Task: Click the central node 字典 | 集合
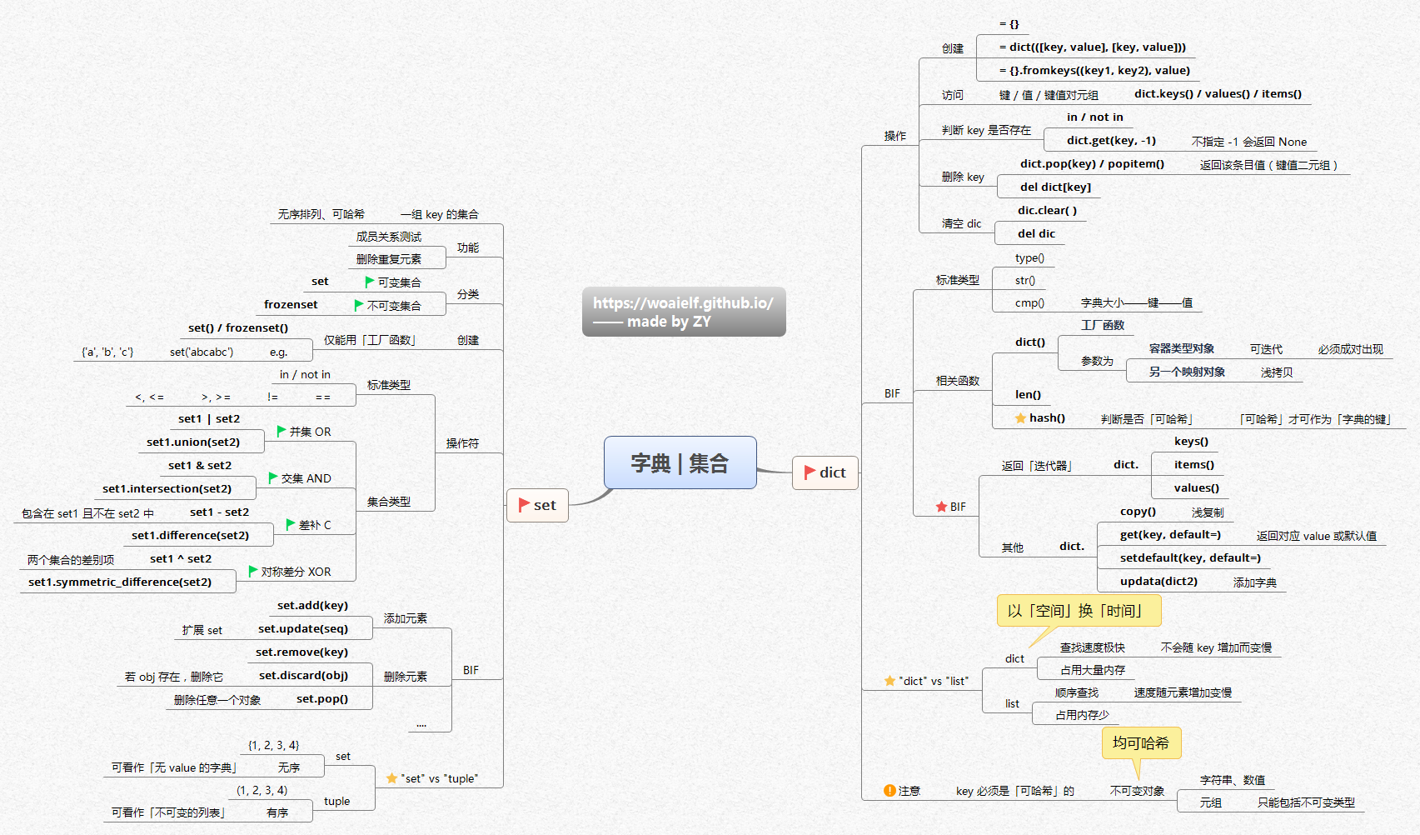point(680,462)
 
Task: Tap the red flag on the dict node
point(810,472)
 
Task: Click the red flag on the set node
point(524,505)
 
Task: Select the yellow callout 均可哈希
point(1141,742)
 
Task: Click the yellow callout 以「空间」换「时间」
point(1078,611)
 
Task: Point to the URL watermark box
point(683,312)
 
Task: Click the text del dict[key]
point(1055,187)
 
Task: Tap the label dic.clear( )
point(1047,211)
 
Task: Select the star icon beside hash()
point(1020,418)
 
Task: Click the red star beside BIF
point(941,507)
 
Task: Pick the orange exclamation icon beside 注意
point(889,791)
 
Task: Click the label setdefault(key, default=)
point(1190,558)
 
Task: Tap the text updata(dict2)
point(1158,582)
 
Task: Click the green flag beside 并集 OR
point(282,431)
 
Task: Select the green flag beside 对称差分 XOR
point(253,571)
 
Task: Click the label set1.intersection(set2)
point(167,489)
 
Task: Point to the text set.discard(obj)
point(303,676)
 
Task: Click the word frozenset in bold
point(291,305)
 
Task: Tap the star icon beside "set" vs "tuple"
point(391,778)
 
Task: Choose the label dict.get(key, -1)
point(1111,141)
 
